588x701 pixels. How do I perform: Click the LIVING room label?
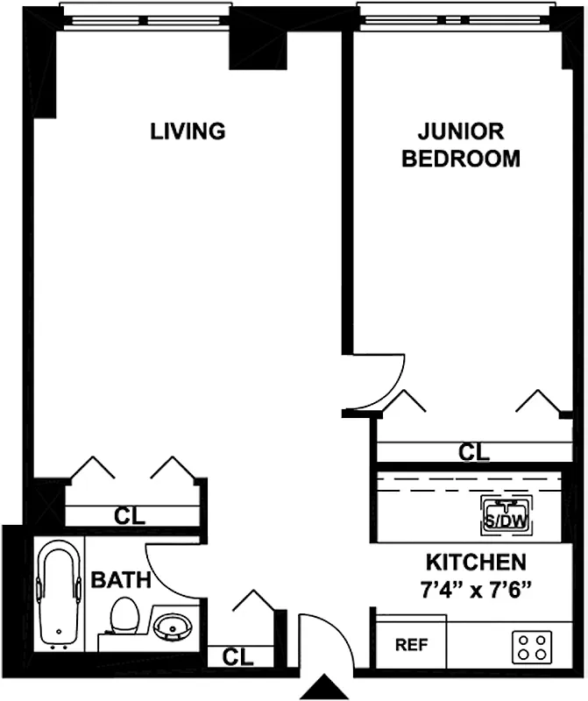click(x=188, y=131)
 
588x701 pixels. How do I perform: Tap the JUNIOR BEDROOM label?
click(x=460, y=145)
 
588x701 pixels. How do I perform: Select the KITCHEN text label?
click(x=476, y=562)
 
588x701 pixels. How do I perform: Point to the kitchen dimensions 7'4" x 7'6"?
click(x=476, y=590)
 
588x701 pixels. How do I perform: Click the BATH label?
click(x=122, y=579)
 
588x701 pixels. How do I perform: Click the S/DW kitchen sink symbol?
click(x=503, y=514)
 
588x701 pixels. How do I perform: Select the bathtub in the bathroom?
click(x=59, y=596)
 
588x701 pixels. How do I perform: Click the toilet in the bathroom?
click(x=125, y=617)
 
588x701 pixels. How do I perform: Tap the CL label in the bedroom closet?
click(x=474, y=452)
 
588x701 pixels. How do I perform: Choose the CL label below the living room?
click(x=130, y=515)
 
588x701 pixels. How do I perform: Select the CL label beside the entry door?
click(x=238, y=655)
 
